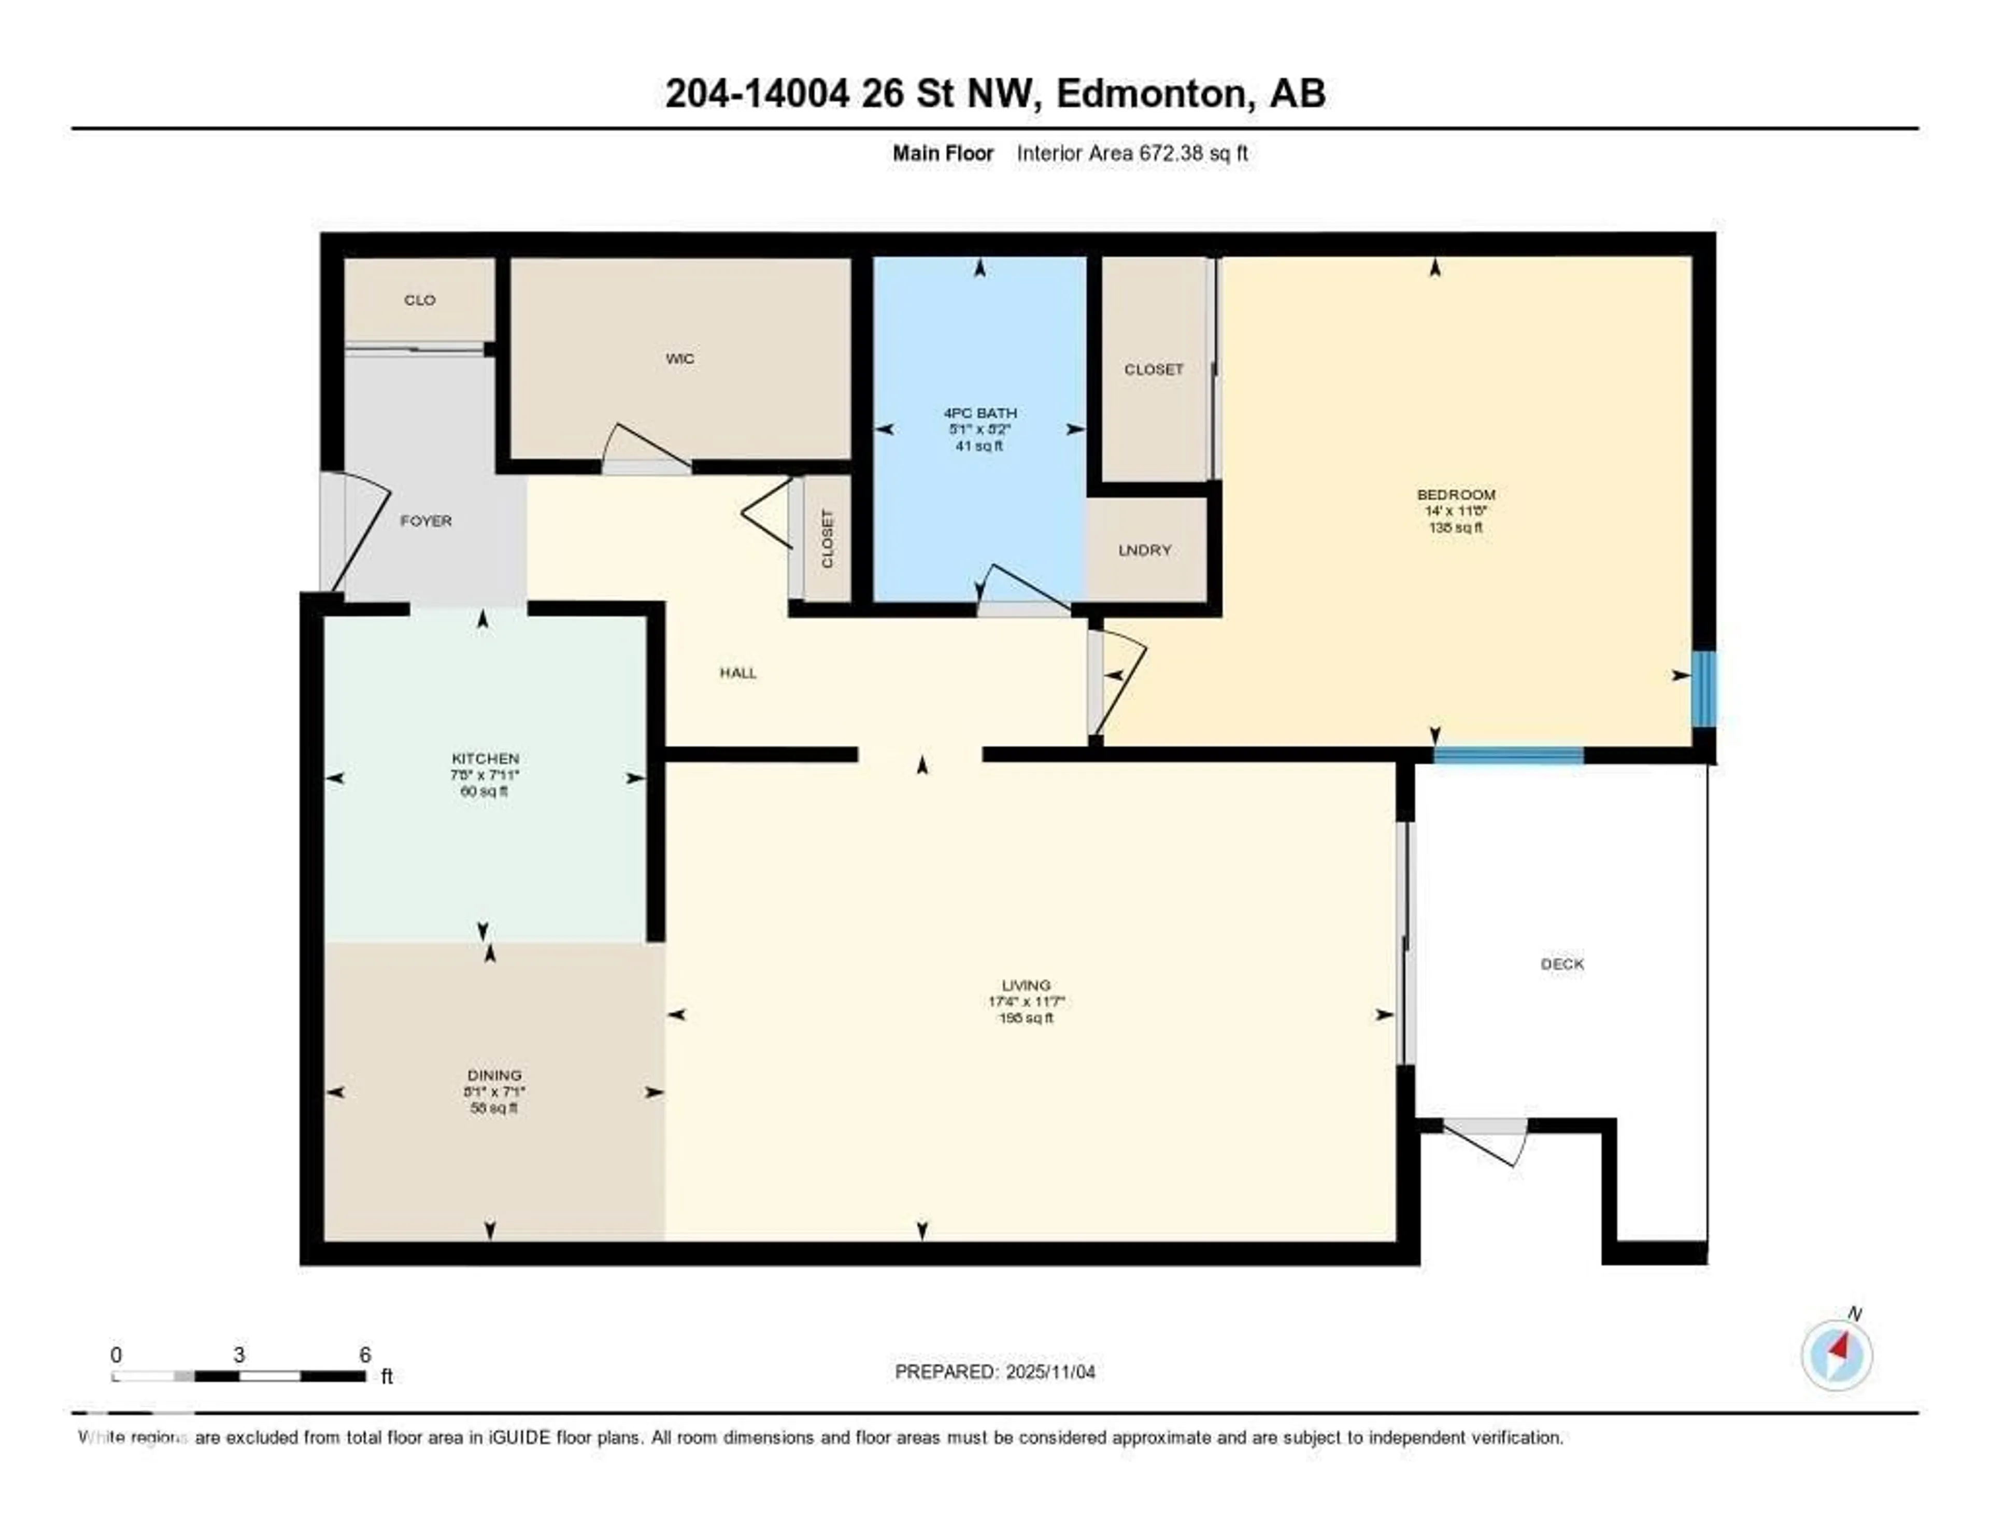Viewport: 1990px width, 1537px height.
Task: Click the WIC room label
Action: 680,359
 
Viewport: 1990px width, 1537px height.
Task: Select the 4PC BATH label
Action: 979,412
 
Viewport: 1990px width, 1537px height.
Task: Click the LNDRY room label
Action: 1144,550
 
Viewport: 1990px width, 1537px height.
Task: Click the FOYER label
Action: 425,521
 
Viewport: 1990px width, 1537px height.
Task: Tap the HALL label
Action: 738,673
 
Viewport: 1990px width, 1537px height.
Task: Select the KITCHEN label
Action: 485,758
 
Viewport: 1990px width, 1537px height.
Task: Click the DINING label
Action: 494,1075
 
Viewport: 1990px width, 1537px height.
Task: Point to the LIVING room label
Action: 1026,985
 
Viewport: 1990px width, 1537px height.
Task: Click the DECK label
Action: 1562,964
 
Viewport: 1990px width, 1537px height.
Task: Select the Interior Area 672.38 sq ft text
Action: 1132,153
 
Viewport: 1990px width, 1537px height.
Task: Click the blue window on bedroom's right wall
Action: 1703,689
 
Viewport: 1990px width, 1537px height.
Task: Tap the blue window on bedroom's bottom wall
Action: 1508,756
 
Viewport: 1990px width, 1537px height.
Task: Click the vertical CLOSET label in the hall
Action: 827,539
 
